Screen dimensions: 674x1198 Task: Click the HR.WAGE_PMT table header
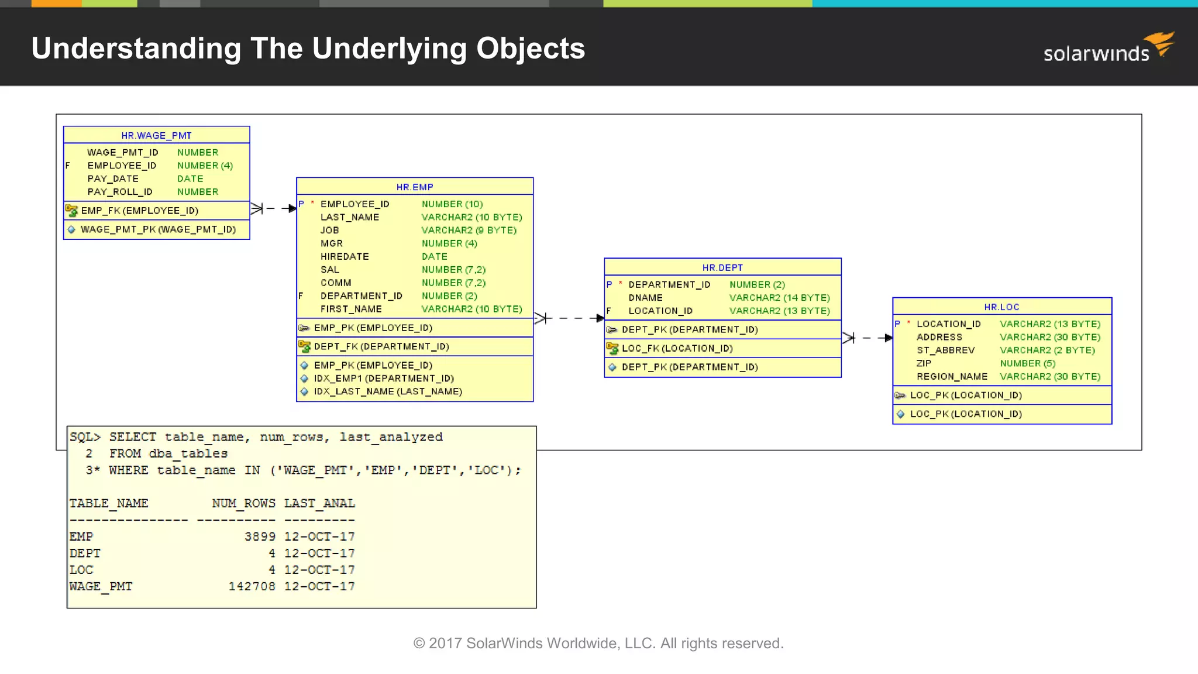coord(156,135)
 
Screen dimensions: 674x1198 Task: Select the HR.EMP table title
coord(415,187)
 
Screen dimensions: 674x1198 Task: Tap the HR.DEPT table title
coord(722,267)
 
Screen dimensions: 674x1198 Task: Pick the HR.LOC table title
coord(1001,307)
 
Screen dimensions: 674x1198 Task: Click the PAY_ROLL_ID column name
coord(120,192)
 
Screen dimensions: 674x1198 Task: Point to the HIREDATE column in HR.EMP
coord(345,256)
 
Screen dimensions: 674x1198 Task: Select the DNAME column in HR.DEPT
coord(645,298)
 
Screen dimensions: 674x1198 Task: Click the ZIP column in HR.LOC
coord(924,363)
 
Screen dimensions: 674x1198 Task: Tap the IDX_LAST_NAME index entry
coord(387,391)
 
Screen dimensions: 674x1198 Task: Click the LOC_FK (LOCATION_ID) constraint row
coord(677,348)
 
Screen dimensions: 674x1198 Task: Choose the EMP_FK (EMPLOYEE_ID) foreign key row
coord(139,211)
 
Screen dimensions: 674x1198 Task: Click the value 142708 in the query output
coord(252,586)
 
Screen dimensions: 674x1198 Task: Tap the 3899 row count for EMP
coord(260,537)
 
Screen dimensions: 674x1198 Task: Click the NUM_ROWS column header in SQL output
coord(243,503)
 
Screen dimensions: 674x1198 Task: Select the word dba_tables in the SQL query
coord(188,453)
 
